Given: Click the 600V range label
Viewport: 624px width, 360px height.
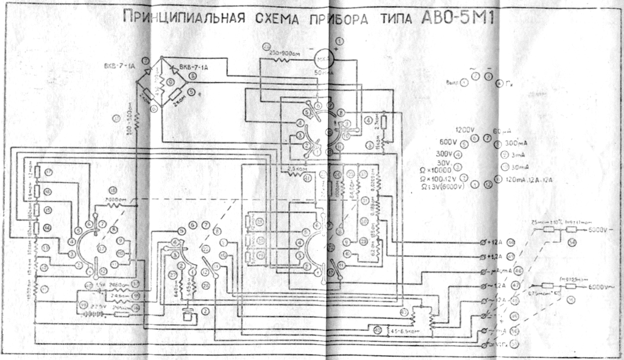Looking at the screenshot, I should (x=449, y=143).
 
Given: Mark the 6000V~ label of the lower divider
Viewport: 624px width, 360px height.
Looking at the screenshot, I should (x=603, y=286).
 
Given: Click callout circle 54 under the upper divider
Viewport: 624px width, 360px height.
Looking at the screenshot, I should (x=572, y=242).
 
